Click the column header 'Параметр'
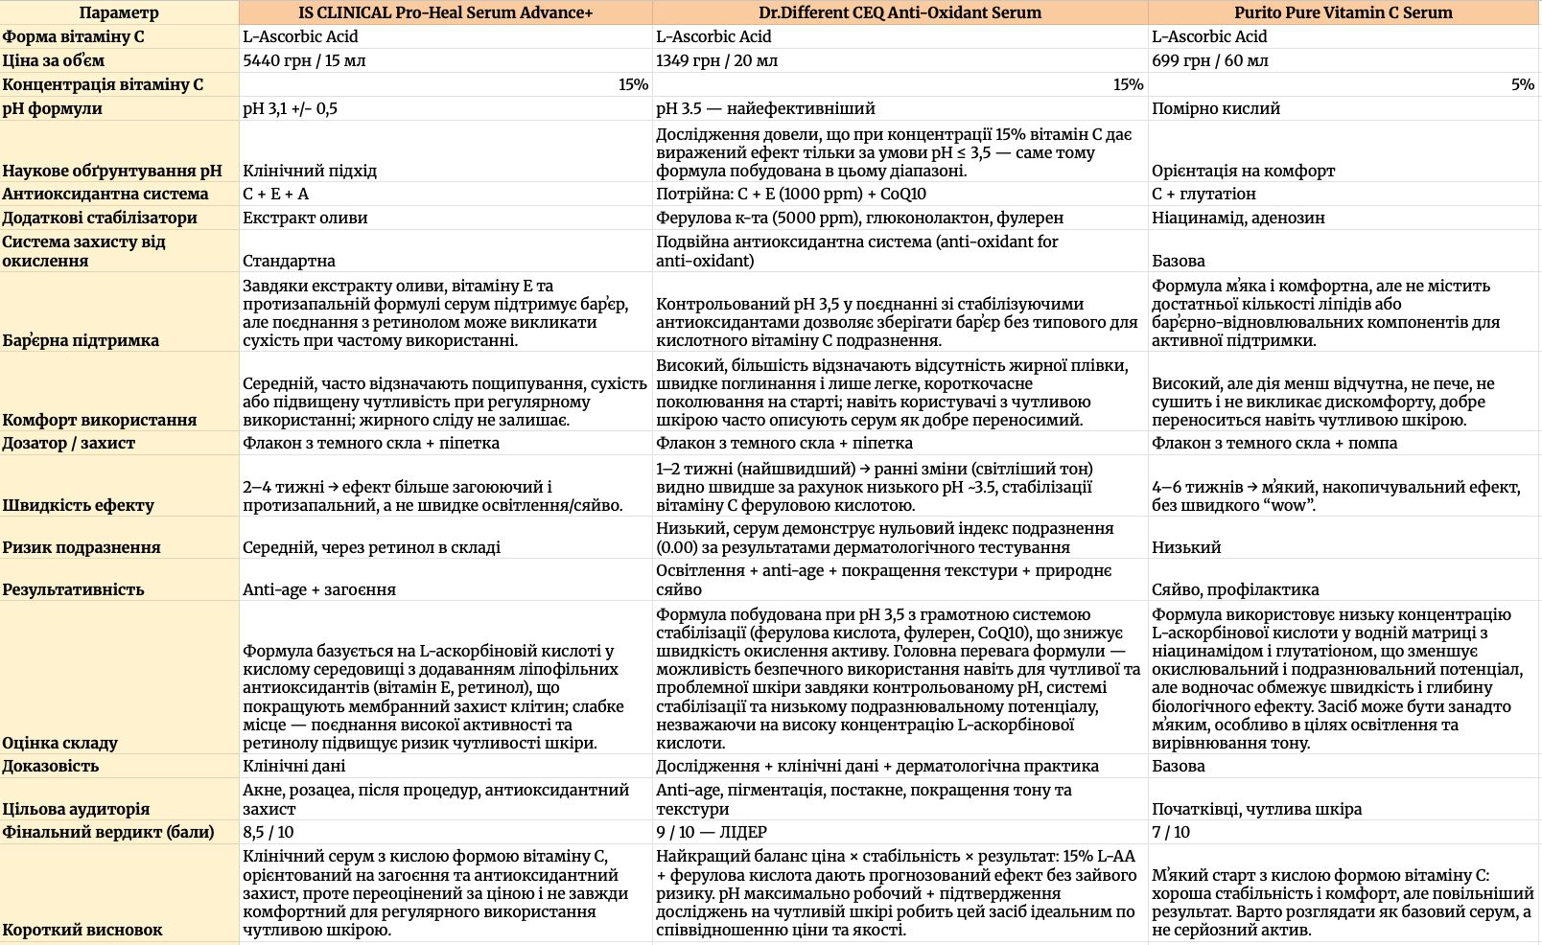coord(119,12)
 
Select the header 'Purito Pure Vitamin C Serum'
coord(1343,12)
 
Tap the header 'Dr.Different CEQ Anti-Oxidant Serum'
coord(899,12)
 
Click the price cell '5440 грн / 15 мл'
coord(304,60)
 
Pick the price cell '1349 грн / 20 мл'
coord(716,60)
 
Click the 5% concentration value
coord(1522,84)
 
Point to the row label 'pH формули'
coord(53,108)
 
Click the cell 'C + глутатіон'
coord(1203,194)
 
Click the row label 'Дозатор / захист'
coord(69,443)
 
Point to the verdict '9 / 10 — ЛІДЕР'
coord(712,832)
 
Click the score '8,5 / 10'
coord(269,832)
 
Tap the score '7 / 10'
coord(1171,832)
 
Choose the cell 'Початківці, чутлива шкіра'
coord(1256,809)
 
